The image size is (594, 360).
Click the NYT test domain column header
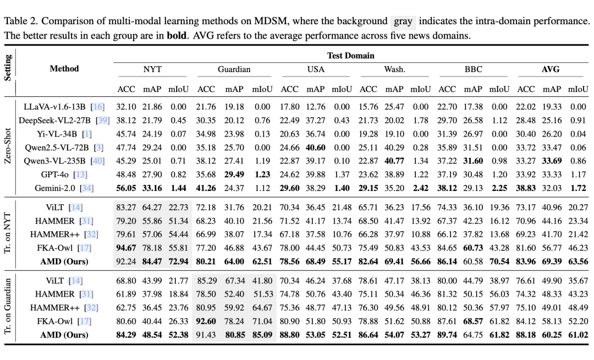pos(152,69)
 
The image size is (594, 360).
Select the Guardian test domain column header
pos(234,69)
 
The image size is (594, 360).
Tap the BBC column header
pos(473,69)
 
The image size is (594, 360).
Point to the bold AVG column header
pos(551,69)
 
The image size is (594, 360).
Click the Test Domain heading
pos(350,56)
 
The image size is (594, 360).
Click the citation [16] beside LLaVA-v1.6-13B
pos(98,107)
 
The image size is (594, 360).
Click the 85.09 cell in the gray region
pos(262,335)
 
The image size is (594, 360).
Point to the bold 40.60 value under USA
pos(316,148)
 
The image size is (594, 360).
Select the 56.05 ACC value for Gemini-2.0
pos(127,188)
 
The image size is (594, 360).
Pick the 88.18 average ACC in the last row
pos(526,335)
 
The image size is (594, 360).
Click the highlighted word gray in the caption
pos(404,22)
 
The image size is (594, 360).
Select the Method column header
pos(64,69)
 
